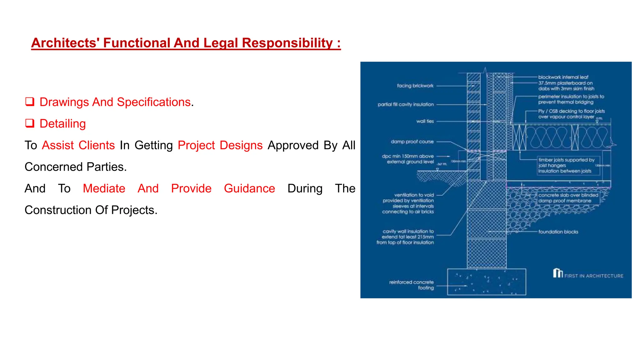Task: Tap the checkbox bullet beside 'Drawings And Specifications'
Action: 30,102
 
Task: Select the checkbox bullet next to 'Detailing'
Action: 30,123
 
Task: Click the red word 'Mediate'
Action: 104,188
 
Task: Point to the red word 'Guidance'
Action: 249,188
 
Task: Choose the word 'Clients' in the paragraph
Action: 97,145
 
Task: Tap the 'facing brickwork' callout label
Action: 415,86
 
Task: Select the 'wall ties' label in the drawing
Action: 425,121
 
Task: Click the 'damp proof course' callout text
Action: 412,142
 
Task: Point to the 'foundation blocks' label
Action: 558,232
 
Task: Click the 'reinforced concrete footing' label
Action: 412,285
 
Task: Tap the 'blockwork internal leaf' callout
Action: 563,77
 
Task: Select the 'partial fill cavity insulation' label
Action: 406,104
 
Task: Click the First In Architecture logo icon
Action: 557,273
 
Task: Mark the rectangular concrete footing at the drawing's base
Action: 486,282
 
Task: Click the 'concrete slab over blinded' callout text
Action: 568,195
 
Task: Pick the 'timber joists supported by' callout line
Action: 566,160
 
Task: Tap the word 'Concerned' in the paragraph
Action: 53,167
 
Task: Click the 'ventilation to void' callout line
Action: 414,195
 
